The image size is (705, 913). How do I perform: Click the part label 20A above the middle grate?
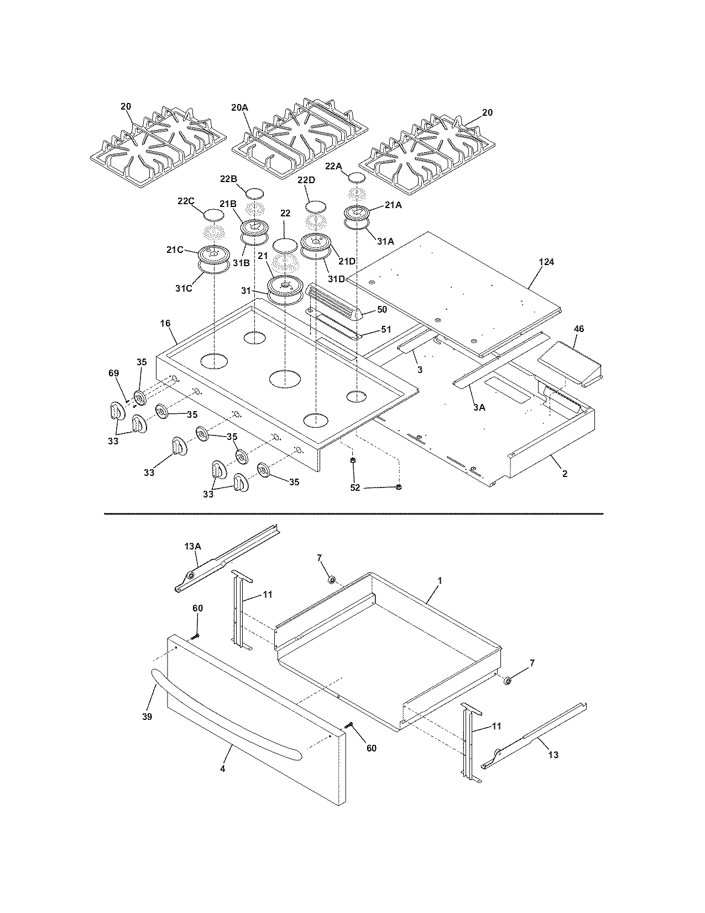tap(240, 108)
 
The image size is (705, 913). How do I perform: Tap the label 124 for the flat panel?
tap(546, 262)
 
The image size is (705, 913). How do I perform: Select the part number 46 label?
tap(578, 329)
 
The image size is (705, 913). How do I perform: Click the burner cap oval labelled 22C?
tap(215, 215)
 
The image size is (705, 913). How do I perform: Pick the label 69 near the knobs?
tap(113, 374)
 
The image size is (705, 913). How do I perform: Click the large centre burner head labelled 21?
tap(285, 286)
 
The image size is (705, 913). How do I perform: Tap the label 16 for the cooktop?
tap(165, 323)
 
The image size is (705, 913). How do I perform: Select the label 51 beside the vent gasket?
tap(385, 329)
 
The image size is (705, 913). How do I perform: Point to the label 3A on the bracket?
tap(479, 407)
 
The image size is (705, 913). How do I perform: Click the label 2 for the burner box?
tap(565, 474)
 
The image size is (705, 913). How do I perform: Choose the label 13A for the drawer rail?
tap(192, 546)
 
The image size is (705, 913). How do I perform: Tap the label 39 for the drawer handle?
tap(147, 717)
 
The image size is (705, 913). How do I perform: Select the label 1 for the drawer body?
tap(440, 581)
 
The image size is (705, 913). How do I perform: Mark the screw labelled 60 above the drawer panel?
tap(195, 637)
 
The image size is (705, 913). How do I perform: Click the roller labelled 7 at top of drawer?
tap(332, 579)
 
